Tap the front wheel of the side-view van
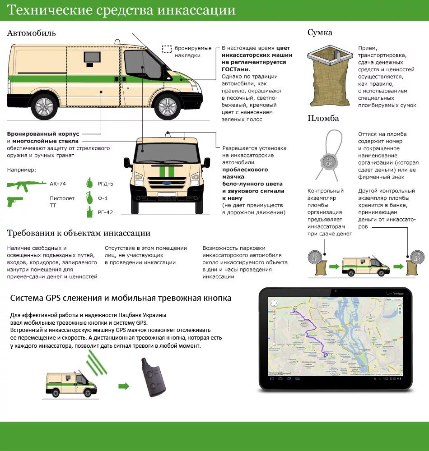pyautogui.click(x=168, y=106)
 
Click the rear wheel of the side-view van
pyautogui.click(x=44, y=106)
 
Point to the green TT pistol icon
pyautogui.click(x=15, y=201)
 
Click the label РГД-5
pyautogui.click(x=105, y=184)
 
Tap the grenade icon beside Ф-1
pyautogui.click(x=89, y=198)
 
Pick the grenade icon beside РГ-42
pyautogui.click(x=89, y=212)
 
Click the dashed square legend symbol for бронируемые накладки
pyautogui.click(x=168, y=49)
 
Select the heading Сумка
pyautogui.click(x=320, y=32)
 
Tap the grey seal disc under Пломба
pyautogui.click(x=328, y=161)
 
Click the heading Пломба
pyautogui.click(x=323, y=119)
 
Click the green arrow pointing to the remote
pyautogui.click(x=124, y=386)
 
